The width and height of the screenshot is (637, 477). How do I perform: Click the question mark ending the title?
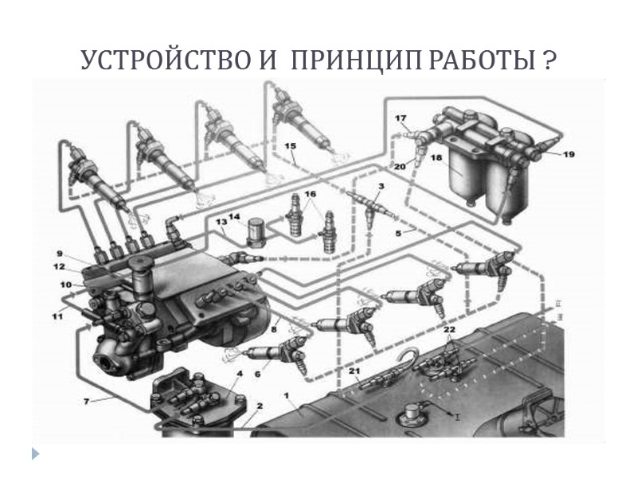click(x=549, y=61)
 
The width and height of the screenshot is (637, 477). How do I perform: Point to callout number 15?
click(x=290, y=146)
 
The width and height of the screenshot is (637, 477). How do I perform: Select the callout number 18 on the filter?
click(x=436, y=159)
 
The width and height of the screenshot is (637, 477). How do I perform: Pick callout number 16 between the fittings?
click(x=310, y=193)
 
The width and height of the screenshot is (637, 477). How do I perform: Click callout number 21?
click(x=354, y=371)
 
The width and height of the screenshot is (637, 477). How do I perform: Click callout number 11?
click(x=57, y=317)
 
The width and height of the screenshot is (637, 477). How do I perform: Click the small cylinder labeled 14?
click(x=256, y=231)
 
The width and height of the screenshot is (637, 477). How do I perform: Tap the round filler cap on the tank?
click(x=410, y=413)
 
